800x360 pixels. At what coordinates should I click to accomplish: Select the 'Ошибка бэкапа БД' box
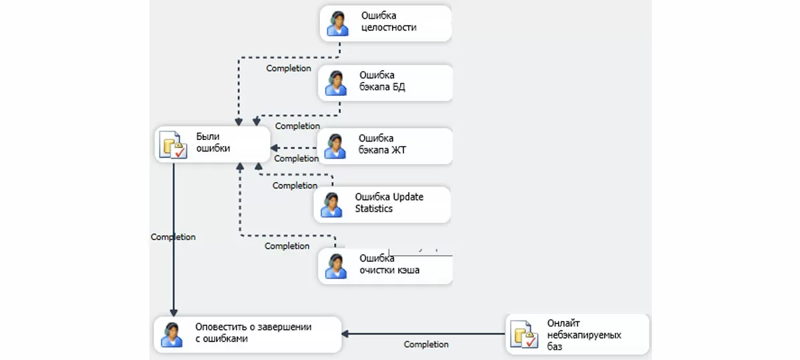pos(385,82)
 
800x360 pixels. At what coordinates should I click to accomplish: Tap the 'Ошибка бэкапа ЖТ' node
pos(385,145)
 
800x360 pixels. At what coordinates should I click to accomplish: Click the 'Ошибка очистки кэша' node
pos(385,265)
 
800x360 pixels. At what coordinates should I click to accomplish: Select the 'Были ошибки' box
pos(213,143)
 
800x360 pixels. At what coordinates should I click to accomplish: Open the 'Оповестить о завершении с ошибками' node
pos(247,333)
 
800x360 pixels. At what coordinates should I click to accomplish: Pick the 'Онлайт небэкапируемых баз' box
pos(577,334)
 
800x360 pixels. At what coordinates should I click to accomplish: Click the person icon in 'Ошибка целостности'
pos(338,23)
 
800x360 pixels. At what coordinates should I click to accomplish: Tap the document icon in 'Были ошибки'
pos(173,144)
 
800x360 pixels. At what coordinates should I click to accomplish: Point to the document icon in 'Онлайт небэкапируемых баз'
pos(523,335)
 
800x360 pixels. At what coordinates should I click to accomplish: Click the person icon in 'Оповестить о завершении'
pos(172,334)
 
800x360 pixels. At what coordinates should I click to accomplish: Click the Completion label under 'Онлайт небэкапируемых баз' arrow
pos(426,345)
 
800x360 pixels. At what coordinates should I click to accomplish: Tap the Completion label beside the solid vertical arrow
pos(173,237)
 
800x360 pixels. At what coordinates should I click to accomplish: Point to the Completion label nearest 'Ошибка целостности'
pos(289,68)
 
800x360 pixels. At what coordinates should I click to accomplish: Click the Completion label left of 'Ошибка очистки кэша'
pos(287,246)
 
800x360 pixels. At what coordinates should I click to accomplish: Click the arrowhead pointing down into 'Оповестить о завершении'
pos(173,313)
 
